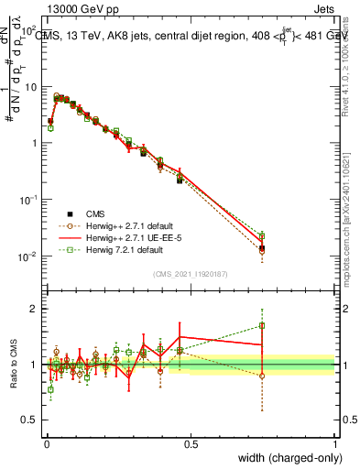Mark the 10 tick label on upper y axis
(x=30, y=86)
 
